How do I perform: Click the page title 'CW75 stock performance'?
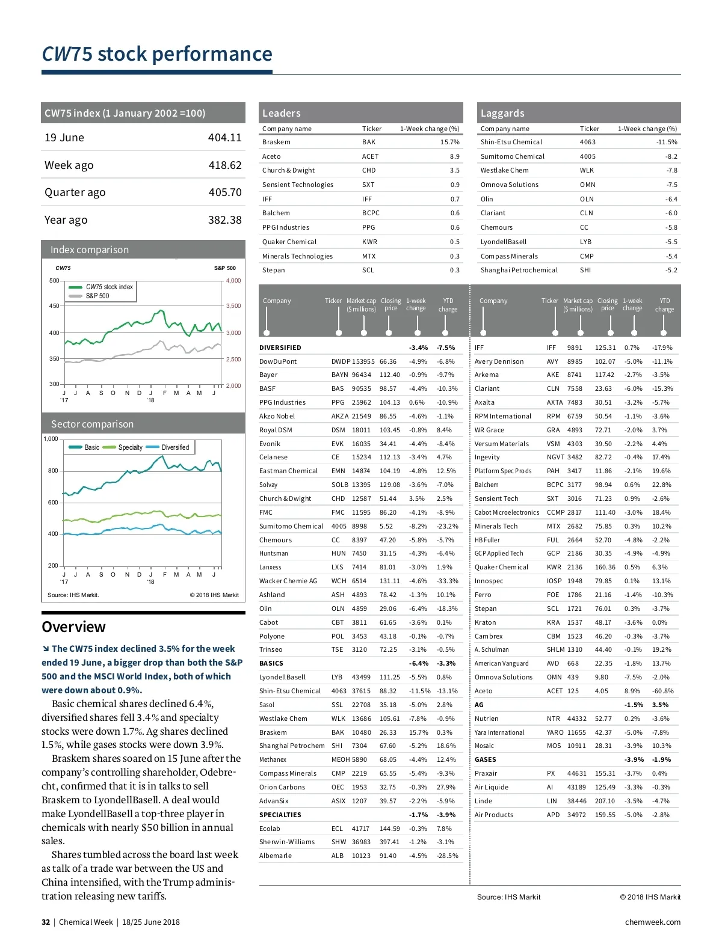(x=157, y=54)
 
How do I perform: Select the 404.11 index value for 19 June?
(x=224, y=138)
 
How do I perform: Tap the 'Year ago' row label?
(x=66, y=220)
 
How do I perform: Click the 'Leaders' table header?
(x=281, y=113)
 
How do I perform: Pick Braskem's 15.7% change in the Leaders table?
(x=449, y=142)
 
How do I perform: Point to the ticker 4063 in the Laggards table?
(x=587, y=142)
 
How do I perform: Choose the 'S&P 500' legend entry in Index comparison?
(x=97, y=296)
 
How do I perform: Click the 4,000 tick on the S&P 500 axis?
(x=233, y=281)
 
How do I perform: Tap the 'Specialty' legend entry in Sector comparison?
(x=130, y=447)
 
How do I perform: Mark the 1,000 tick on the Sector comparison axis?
(x=51, y=439)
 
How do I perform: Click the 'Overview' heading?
(x=73, y=627)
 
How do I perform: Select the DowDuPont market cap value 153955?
(x=363, y=361)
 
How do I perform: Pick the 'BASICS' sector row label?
(x=271, y=663)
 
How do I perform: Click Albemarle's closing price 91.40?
(x=388, y=856)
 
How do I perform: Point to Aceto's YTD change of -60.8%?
(x=662, y=691)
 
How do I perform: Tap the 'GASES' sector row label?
(x=485, y=759)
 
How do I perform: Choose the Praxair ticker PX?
(x=551, y=773)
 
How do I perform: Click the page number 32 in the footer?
(x=46, y=922)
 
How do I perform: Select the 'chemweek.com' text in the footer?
(x=652, y=922)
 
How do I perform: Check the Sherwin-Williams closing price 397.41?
(x=389, y=842)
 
